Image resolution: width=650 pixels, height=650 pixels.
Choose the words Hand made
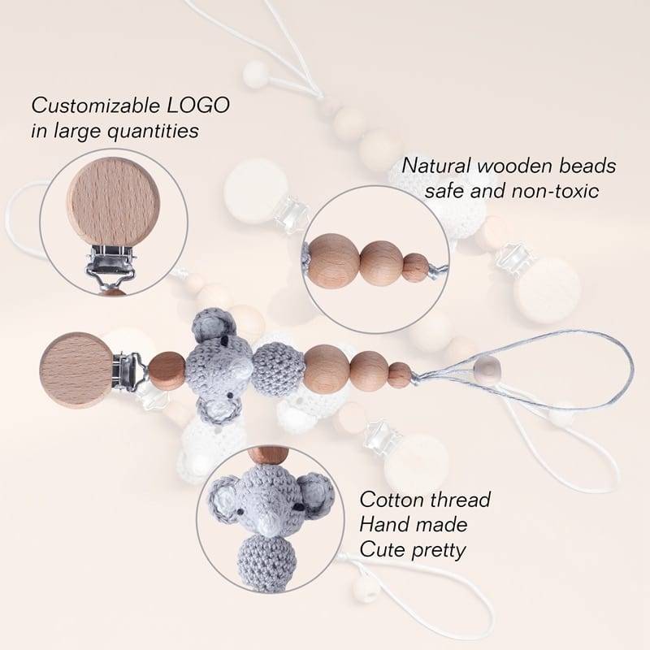coord(414,524)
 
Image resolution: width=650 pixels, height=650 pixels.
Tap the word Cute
coord(381,550)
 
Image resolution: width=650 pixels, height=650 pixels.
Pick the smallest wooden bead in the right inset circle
coord(416,266)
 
